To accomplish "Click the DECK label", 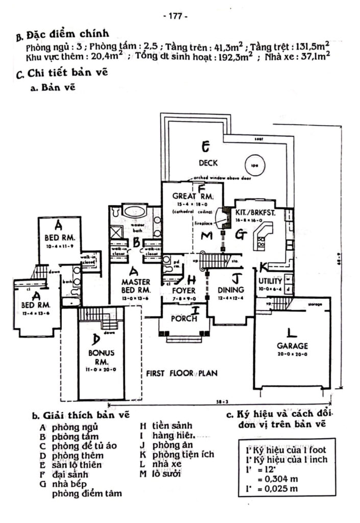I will click(x=208, y=163).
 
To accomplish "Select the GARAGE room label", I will click(x=293, y=345).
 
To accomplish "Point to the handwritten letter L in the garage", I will click(x=291, y=333).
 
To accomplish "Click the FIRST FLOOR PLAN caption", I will click(x=180, y=373).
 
